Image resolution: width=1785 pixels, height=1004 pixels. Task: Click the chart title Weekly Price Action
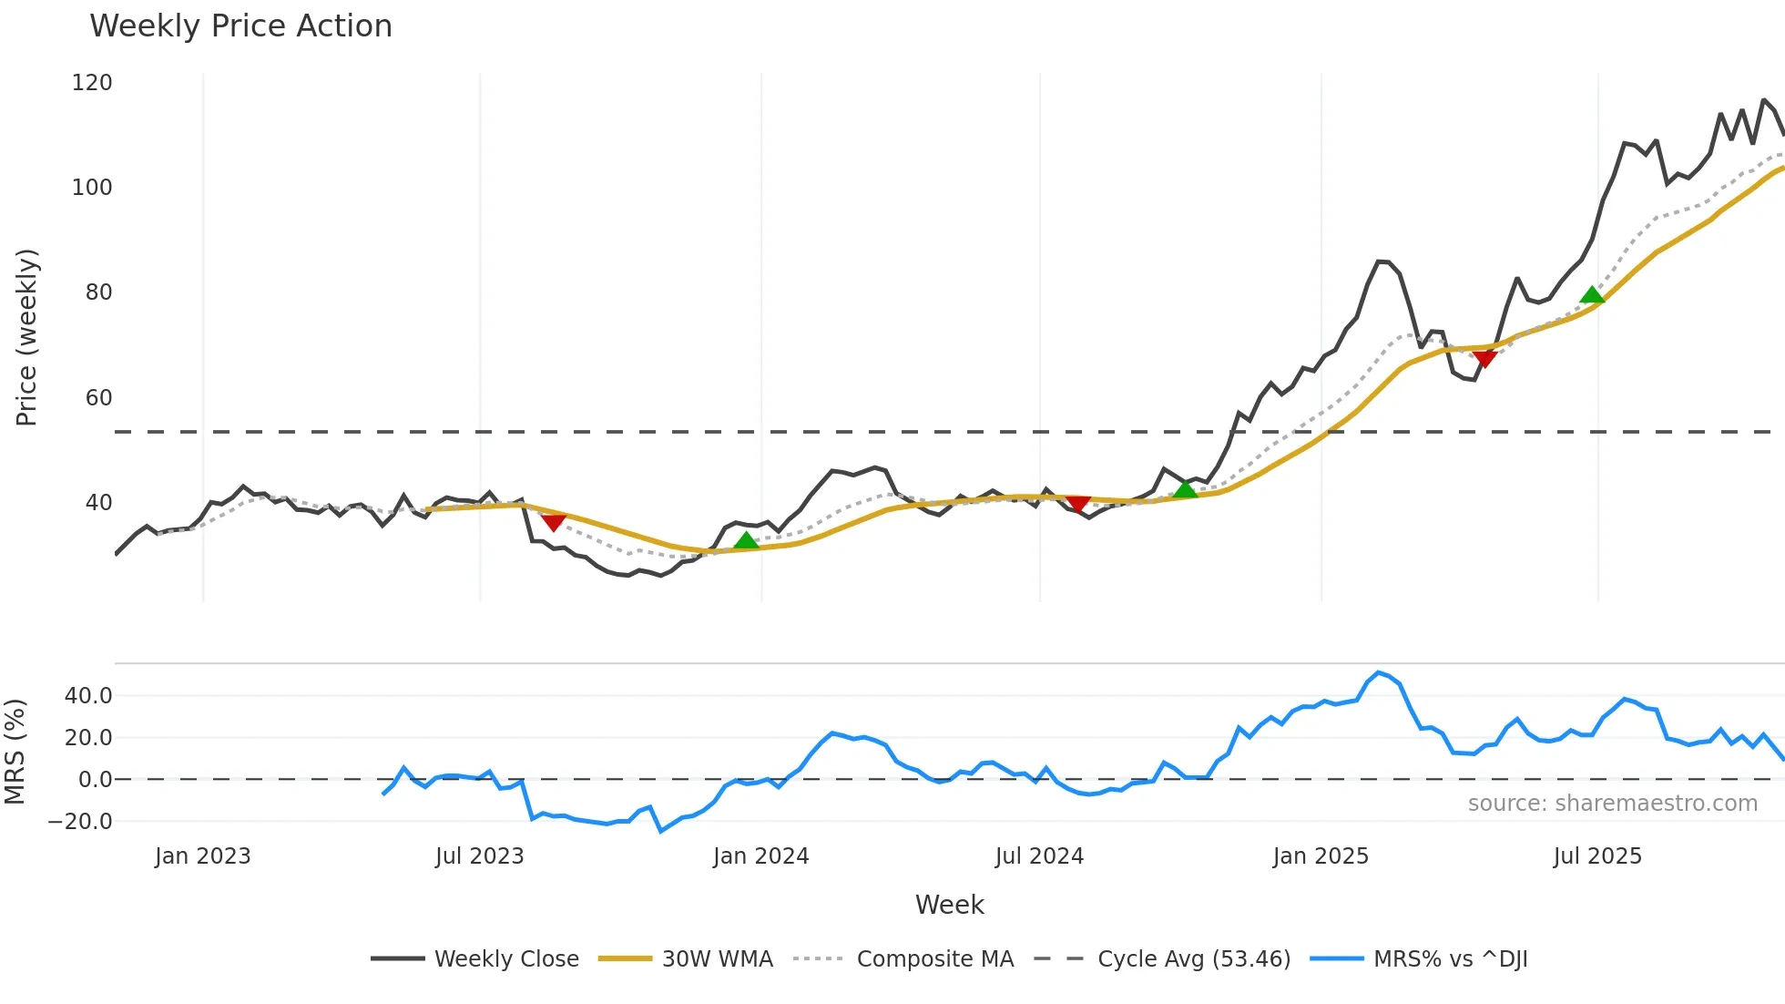point(240,26)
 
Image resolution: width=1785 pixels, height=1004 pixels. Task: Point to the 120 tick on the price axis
point(92,83)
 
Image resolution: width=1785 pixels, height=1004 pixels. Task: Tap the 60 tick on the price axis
point(98,398)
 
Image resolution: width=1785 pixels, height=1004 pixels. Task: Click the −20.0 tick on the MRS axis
point(80,822)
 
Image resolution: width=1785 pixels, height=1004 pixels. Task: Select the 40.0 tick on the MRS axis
point(88,696)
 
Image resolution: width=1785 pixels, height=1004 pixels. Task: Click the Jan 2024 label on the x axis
point(760,856)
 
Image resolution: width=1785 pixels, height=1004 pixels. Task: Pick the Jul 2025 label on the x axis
point(1597,856)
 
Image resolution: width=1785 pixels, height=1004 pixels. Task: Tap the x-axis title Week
point(949,905)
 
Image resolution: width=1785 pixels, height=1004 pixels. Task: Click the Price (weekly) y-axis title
point(26,337)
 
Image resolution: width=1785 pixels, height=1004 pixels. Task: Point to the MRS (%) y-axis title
point(15,752)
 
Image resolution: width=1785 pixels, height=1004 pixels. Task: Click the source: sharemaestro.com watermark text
point(1612,804)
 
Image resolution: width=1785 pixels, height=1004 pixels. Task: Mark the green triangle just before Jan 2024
point(746,541)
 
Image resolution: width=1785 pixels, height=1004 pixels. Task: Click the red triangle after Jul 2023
point(554,522)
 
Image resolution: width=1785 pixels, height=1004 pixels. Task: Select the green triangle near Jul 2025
point(1592,294)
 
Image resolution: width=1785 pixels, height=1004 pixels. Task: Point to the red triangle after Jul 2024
point(1077,504)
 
